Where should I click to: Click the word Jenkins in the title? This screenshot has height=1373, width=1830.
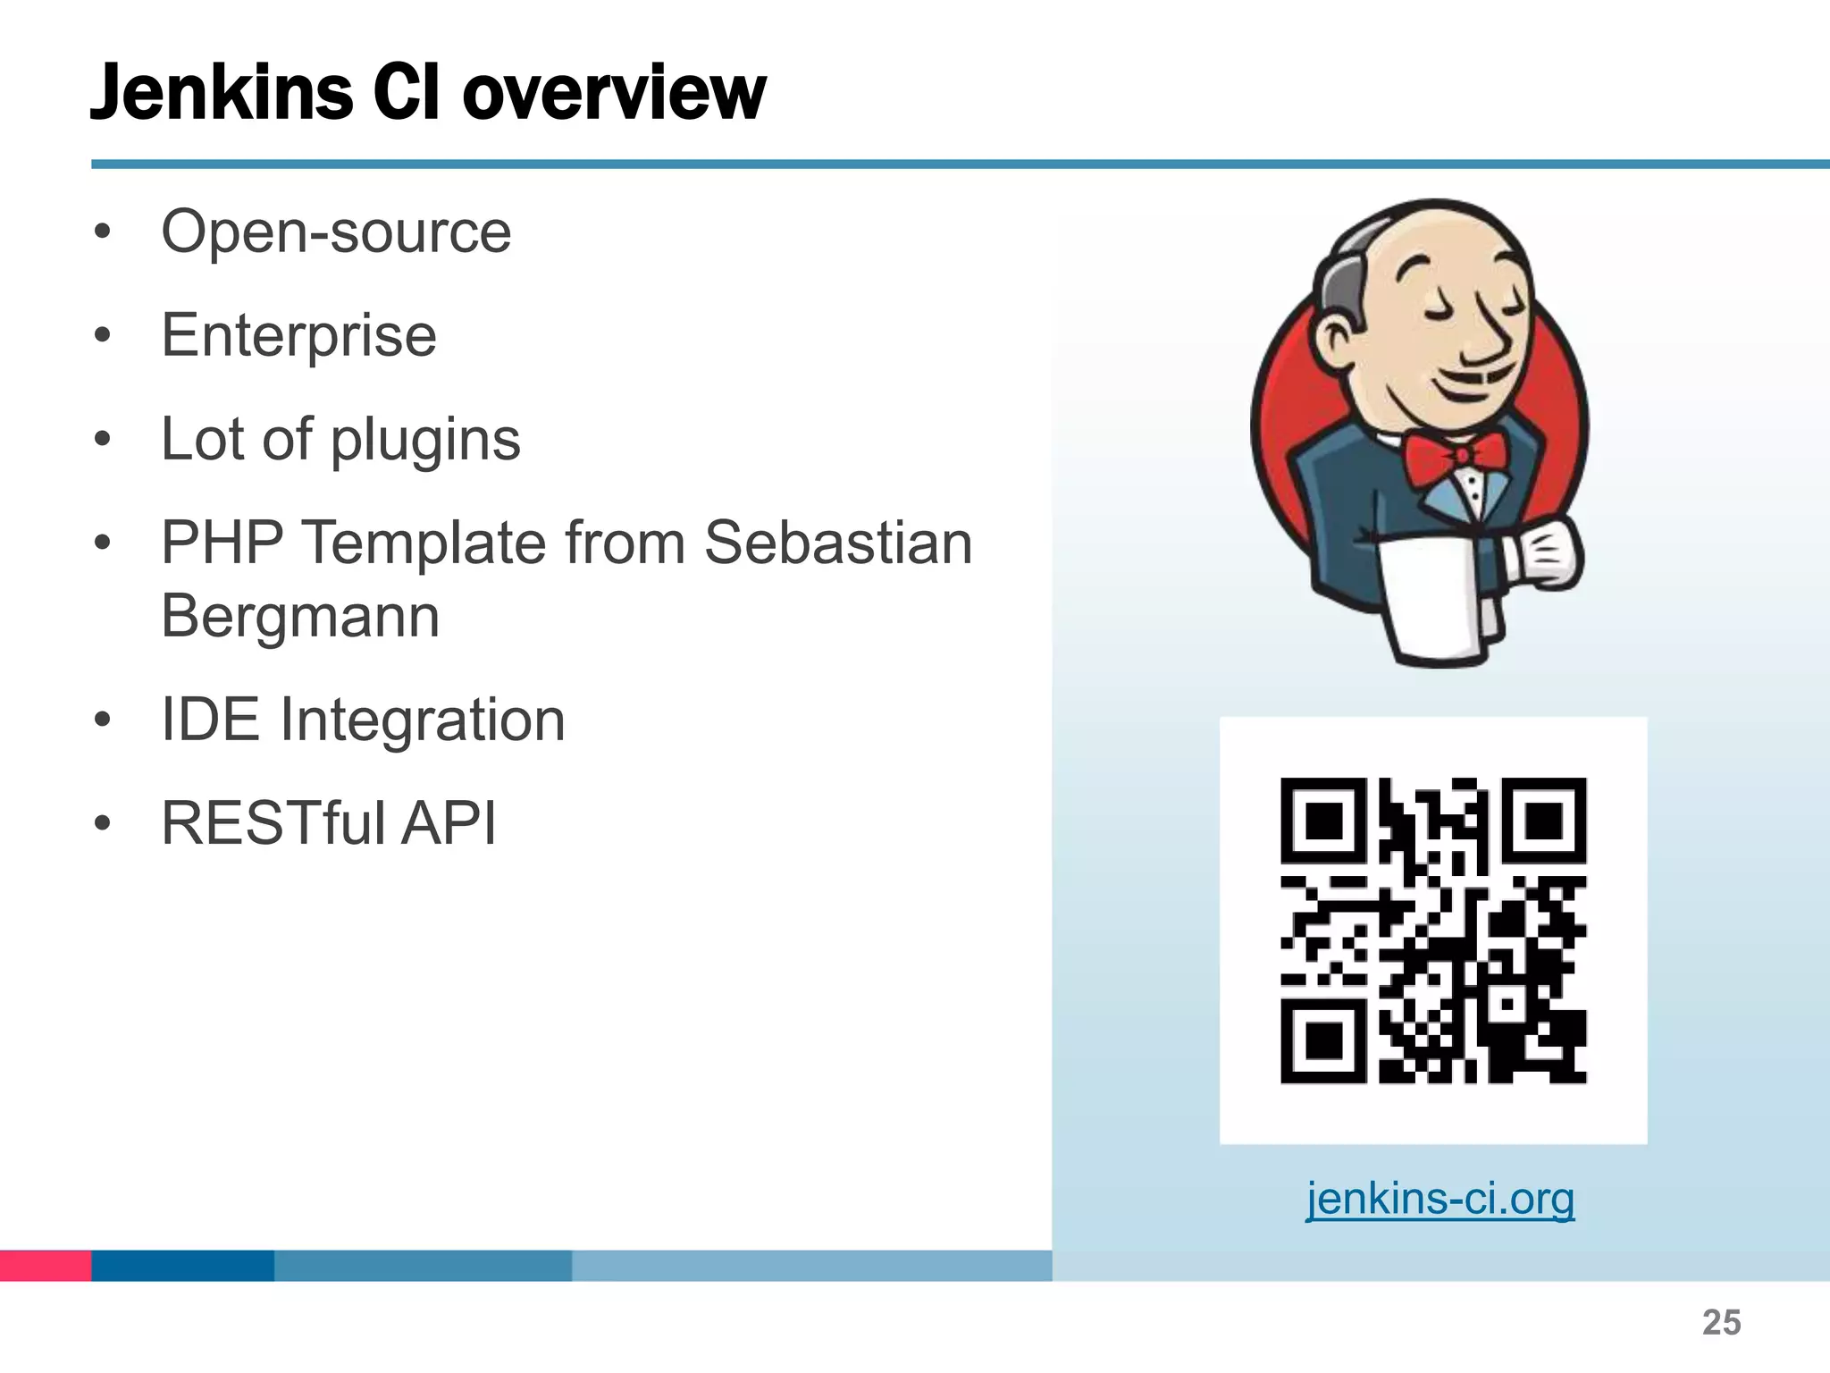point(222,93)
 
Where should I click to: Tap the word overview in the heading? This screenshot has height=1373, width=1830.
point(614,93)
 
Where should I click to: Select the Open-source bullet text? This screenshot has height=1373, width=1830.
point(336,232)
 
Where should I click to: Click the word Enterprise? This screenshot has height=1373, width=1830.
point(298,336)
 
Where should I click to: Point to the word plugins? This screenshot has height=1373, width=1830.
point(425,441)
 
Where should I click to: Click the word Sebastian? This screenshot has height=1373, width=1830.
point(838,543)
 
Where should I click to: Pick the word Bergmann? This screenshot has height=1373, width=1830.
point(300,617)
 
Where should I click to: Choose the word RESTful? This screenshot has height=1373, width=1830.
point(274,823)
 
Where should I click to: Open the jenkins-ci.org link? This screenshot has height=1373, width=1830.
point(1440,1199)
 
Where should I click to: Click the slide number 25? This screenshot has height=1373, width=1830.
point(1721,1322)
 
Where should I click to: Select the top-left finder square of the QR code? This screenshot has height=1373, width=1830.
point(1324,821)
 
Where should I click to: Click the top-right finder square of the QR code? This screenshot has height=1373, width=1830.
point(1543,821)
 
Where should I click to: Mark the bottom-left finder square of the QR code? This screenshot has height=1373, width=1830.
point(1324,1040)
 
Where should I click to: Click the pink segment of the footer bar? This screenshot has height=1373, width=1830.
point(46,1265)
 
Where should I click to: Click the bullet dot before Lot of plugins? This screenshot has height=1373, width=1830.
point(103,440)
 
